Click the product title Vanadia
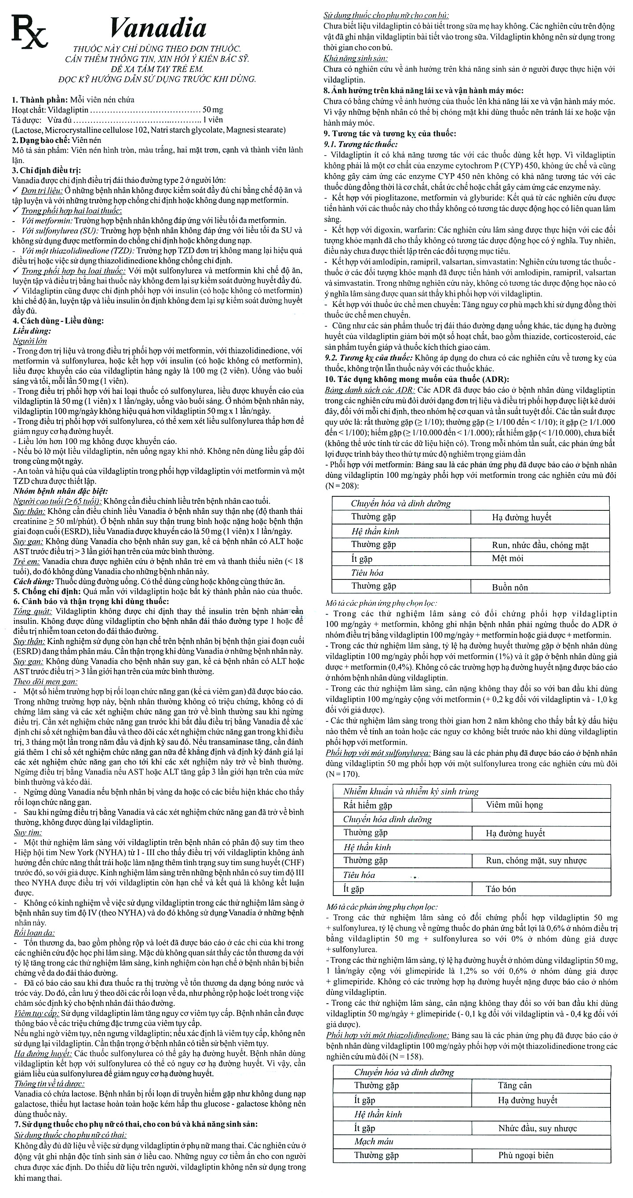pyautogui.click(x=158, y=28)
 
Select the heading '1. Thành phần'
pyautogui.click(x=40, y=99)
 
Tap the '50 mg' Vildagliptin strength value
pyautogui.click(x=213, y=110)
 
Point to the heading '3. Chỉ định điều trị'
pyautogui.click(x=47, y=170)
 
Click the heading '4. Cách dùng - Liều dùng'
pyautogui.click(x=58, y=321)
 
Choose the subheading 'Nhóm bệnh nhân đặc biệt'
pyautogui.click(x=61, y=491)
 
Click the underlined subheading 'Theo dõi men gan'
pyautogui.click(x=45, y=682)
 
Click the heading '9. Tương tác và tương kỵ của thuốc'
pyautogui.click(x=390, y=134)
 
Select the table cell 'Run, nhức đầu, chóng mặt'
pyautogui.click(x=540, y=545)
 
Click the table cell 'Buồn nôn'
pyautogui.click(x=510, y=587)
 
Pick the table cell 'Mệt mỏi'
pyautogui.click(x=507, y=558)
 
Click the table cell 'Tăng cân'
pyautogui.click(x=514, y=1085)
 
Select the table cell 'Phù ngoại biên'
pyautogui.click(x=526, y=1155)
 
